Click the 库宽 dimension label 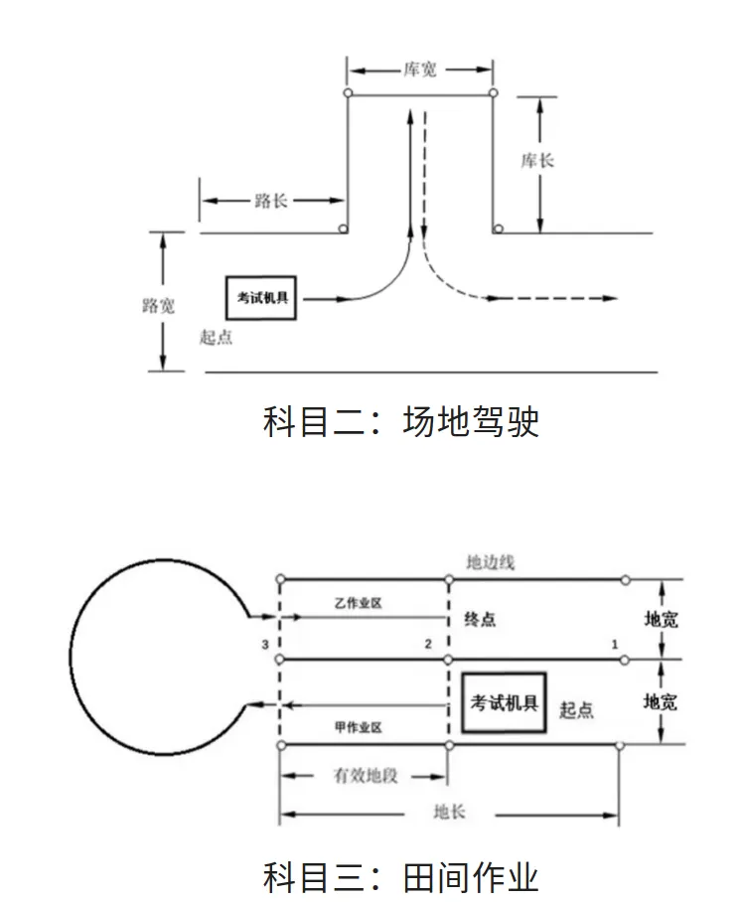(x=420, y=70)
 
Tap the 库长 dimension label (x=537, y=159)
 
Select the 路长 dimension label (x=271, y=201)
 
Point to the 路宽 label (x=159, y=305)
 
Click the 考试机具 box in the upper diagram (x=262, y=298)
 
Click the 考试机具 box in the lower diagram (x=504, y=703)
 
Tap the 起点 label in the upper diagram (x=216, y=338)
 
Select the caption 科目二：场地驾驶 (x=400, y=421)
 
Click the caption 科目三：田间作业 (x=400, y=876)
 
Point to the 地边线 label (x=491, y=562)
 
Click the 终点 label (x=480, y=620)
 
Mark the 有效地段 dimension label (x=365, y=775)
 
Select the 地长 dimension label (x=449, y=813)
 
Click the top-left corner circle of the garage (x=348, y=93)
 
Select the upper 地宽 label (x=661, y=620)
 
